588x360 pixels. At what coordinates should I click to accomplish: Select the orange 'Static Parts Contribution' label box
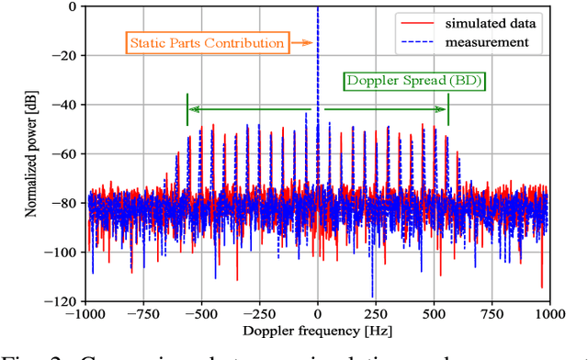click(206, 42)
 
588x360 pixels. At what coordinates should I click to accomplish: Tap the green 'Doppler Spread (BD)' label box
click(413, 80)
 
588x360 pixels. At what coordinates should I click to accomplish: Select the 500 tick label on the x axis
click(435, 312)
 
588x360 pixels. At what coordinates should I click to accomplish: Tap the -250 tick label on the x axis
click(259, 312)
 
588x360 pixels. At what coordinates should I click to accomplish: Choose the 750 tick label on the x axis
click(492, 312)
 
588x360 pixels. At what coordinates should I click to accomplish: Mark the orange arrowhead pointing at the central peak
click(311, 42)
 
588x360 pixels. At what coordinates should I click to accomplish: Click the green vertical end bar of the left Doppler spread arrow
click(187, 109)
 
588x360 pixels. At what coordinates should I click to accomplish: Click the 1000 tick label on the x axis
click(549, 312)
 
